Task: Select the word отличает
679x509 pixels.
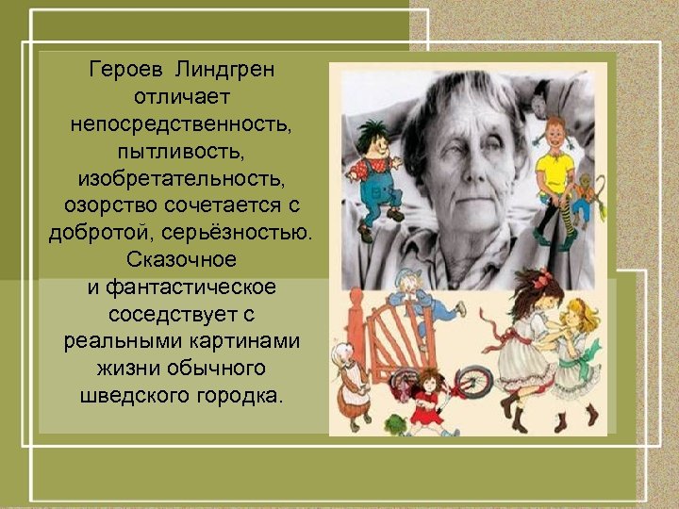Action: (x=182, y=97)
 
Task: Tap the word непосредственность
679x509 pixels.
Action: (x=182, y=124)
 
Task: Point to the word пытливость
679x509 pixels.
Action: (x=182, y=151)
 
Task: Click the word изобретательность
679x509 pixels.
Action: (x=182, y=178)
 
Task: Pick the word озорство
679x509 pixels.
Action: (x=105, y=205)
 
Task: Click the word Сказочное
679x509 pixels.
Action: (x=181, y=258)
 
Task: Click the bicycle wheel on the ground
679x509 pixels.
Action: (x=472, y=383)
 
